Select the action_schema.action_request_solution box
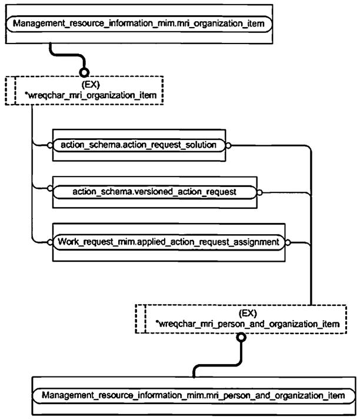tap(139, 145)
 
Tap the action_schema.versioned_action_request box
tap(155, 191)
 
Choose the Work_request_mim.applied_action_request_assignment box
tap(169, 241)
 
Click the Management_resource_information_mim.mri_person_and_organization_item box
tap(194, 395)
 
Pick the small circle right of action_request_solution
tap(228, 145)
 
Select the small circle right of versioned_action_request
tap(259, 191)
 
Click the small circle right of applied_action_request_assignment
tap(288, 242)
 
